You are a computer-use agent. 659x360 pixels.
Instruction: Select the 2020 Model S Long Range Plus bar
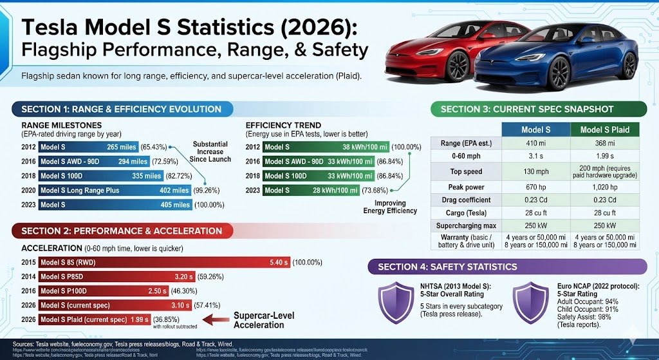(x=115, y=190)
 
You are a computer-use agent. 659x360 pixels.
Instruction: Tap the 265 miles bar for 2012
(x=89, y=147)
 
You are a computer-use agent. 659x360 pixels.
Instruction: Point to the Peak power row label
(x=466, y=185)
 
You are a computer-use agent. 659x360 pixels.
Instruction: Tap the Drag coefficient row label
(x=466, y=200)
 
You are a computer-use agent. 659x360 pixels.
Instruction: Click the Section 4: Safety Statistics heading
(x=447, y=267)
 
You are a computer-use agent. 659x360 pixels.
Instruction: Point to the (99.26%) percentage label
(x=210, y=190)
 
